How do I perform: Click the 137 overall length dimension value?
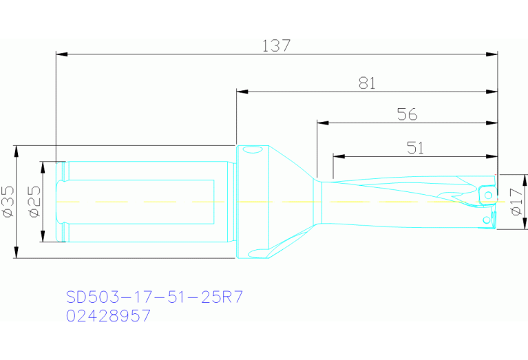click(x=277, y=46)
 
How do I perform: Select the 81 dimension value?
click(x=367, y=83)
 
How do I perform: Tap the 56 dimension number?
click(x=408, y=115)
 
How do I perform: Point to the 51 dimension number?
click(x=415, y=147)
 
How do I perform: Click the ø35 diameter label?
click(x=8, y=202)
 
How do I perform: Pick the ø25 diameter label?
click(x=35, y=202)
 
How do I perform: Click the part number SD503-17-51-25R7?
click(x=154, y=297)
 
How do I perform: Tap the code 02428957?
click(x=108, y=316)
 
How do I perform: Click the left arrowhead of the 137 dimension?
click(x=61, y=53)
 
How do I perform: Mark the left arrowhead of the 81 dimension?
click(x=241, y=91)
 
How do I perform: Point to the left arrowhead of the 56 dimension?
click(x=321, y=123)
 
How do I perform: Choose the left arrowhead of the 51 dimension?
click(x=337, y=156)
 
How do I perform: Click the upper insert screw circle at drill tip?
click(x=488, y=197)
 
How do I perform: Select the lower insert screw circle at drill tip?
click(x=486, y=220)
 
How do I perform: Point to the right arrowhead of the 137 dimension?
click(x=493, y=53)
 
